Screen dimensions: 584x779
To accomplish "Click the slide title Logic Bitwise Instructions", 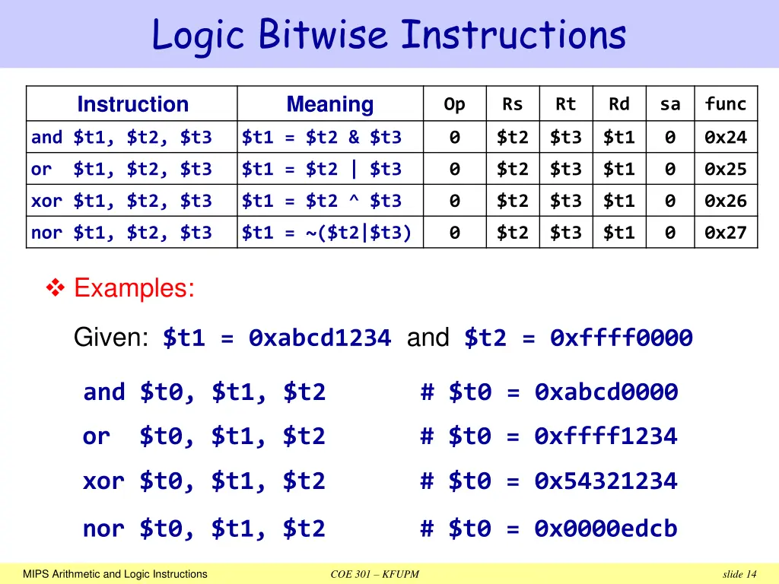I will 389,35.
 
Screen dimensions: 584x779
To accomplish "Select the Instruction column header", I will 132,104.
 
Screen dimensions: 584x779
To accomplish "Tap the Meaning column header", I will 329,104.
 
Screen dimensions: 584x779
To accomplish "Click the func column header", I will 726,104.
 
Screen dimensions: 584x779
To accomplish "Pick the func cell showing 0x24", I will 726,138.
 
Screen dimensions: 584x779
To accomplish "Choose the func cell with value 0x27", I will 726,233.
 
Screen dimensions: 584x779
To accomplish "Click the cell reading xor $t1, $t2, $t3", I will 122,201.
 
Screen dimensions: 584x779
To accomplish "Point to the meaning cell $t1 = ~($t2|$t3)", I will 327,233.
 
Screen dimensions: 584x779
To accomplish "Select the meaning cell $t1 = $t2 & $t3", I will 322,138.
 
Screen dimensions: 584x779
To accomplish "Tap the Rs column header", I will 512,104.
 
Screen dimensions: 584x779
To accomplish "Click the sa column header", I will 669,104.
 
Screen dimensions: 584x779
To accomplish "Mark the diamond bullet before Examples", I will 56,288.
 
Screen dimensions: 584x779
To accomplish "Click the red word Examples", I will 134,288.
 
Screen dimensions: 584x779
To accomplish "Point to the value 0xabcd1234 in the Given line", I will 320,338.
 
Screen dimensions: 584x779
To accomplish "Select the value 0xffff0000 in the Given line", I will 621,338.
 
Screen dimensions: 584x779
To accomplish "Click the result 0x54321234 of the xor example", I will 606,481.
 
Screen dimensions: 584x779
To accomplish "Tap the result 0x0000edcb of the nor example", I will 606,528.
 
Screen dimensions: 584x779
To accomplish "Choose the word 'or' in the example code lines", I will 96,436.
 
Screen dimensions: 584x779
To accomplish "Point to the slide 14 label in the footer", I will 739,574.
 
